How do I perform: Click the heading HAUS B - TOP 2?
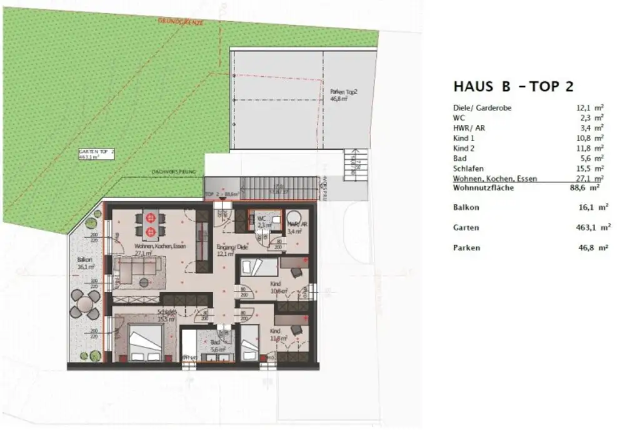coord(513,86)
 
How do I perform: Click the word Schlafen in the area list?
coord(468,168)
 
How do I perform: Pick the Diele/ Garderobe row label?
coord(482,107)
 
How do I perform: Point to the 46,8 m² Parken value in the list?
coord(593,248)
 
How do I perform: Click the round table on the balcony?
coord(83,306)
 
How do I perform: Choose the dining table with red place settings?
coord(150,225)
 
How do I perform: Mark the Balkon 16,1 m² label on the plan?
coord(84,262)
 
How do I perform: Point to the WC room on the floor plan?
coord(261,223)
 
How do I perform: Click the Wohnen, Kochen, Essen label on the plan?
coord(159,250)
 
